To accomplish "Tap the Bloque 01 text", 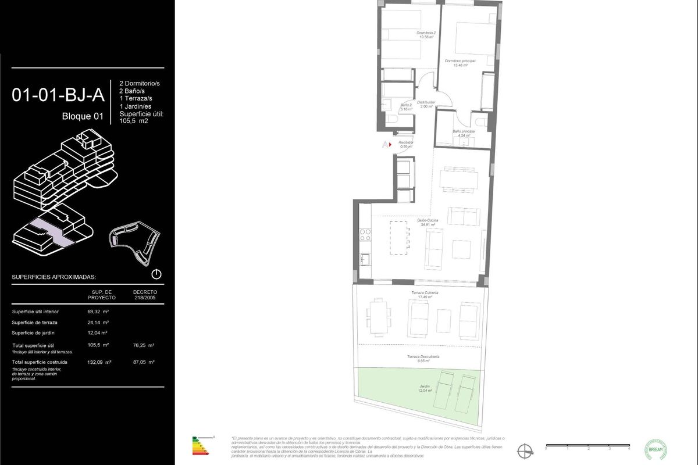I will coord(83,116).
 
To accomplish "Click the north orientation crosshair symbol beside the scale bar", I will coord(525,449).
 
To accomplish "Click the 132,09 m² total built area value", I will coord(99,362).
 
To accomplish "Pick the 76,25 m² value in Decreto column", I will coord(143,345).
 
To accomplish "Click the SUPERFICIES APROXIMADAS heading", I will coord(54,277).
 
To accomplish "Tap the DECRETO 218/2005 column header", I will coord(145,294).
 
